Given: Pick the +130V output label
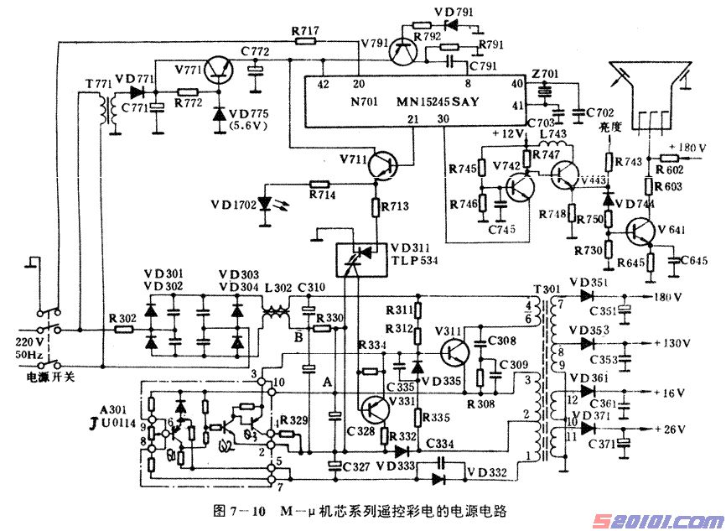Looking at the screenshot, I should click(x=671, y=344).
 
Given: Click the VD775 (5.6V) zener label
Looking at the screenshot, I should click(x=246, y=122).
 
